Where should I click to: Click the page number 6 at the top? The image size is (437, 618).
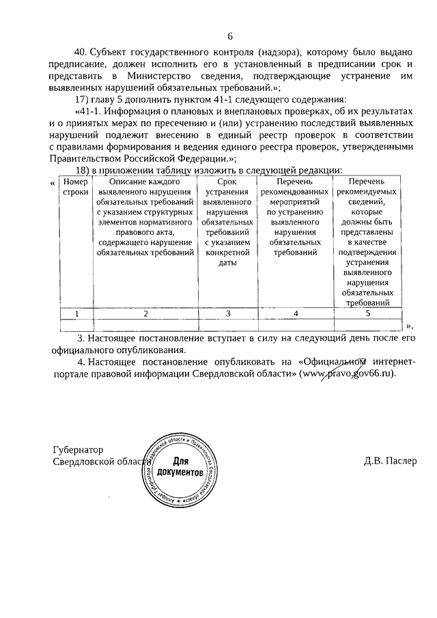[230, 36]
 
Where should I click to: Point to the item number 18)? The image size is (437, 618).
[83, 170]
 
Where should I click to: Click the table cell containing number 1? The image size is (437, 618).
[76, 313]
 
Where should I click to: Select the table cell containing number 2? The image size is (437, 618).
[145, 313]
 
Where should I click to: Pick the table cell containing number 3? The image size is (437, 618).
[227, 313]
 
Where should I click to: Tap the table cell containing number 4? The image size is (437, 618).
[296, 313]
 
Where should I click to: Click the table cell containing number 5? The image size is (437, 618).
[367, 313]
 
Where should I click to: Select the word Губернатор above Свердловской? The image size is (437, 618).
[78, 450]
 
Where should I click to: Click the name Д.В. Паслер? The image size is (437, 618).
[390, 462]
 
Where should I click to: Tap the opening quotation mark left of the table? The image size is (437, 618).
[54, 183]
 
